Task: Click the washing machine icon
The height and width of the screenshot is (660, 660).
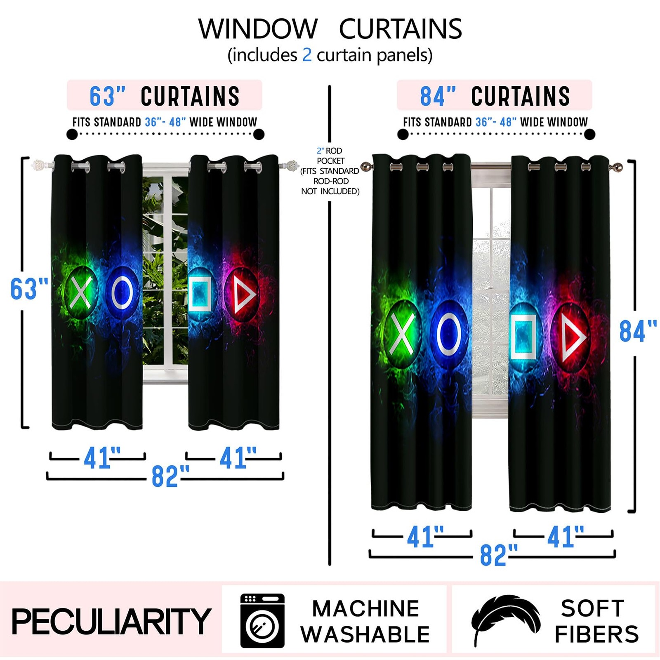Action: (x=262, y=620)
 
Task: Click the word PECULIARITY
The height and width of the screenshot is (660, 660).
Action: (x=111, y=621)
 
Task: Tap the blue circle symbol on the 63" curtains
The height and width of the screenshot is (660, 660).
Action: (x=122, y=294)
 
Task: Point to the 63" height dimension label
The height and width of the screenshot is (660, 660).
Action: (x=29, y=289)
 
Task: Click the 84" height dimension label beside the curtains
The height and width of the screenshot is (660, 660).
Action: (x=637, y=331)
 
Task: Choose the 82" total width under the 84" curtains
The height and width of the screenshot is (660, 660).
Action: (x=498, y=555)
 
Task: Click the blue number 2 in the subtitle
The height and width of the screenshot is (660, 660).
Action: (x=306, y=55)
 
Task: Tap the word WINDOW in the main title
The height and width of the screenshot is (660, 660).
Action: (x=258, y=29)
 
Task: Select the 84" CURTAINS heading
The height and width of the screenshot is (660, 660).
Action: (x=495, y=96)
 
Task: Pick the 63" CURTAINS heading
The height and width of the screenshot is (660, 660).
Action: (x=164, y=96)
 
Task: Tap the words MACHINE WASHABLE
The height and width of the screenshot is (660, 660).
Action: (x=365, y=621)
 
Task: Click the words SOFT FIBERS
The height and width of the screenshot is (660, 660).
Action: (x=596, y=621)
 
